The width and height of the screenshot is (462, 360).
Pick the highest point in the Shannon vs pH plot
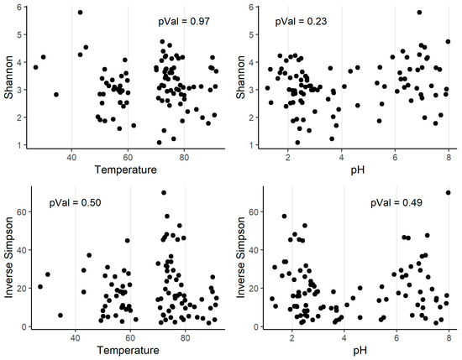[x=419, y=13]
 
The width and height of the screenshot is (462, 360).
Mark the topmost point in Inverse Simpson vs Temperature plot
[x=164, y=192]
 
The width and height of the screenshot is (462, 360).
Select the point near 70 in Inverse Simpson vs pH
[x=448, y=192]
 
